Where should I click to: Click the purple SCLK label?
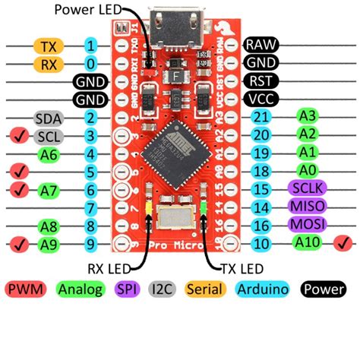point(308,188)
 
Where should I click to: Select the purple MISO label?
point(308,207)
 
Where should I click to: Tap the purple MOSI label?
point(308,225)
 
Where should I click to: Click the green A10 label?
point(308,243)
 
